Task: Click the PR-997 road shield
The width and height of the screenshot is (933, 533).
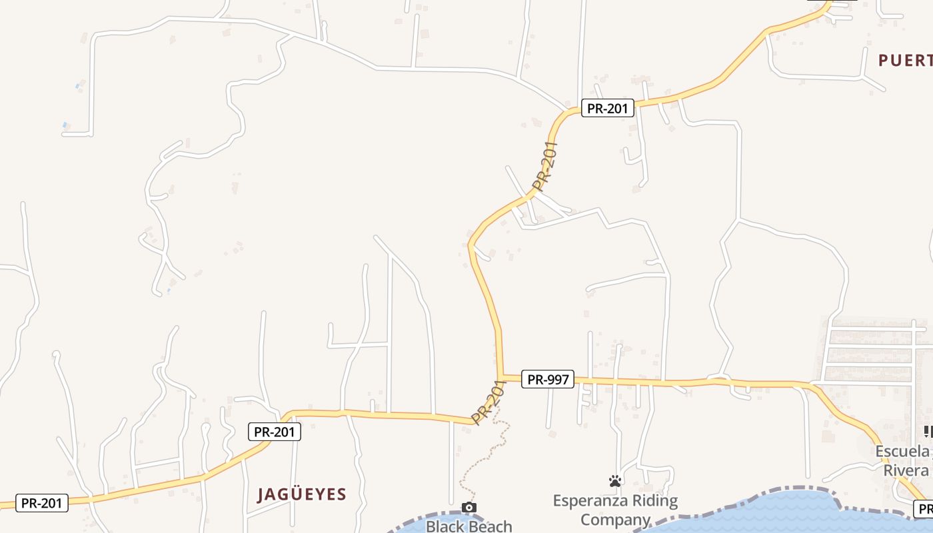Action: tap(548, 380)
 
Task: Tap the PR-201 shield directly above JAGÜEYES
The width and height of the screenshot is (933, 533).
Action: tap(275, 432)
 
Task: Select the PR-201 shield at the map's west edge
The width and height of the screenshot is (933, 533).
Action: tap(41, 503)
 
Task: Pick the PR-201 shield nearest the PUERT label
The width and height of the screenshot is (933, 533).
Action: tap(607, 108)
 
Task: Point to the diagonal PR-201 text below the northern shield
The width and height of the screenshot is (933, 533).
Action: tap(545, 166)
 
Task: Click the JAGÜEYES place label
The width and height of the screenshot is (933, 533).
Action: tap(302, 494)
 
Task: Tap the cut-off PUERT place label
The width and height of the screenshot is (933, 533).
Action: tap(905, 61)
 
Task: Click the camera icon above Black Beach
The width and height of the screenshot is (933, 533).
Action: tap(469, 508)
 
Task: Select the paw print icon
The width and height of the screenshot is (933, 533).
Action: tap(615, 481)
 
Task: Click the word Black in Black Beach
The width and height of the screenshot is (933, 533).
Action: tap(445, 526)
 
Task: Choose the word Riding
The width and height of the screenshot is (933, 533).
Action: tap(656, 500)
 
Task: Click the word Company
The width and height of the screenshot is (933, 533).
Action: tap(615, 519)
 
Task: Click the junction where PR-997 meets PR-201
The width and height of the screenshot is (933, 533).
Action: tap(500, 378)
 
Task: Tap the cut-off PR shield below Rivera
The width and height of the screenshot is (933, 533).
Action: tap(925, 510)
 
